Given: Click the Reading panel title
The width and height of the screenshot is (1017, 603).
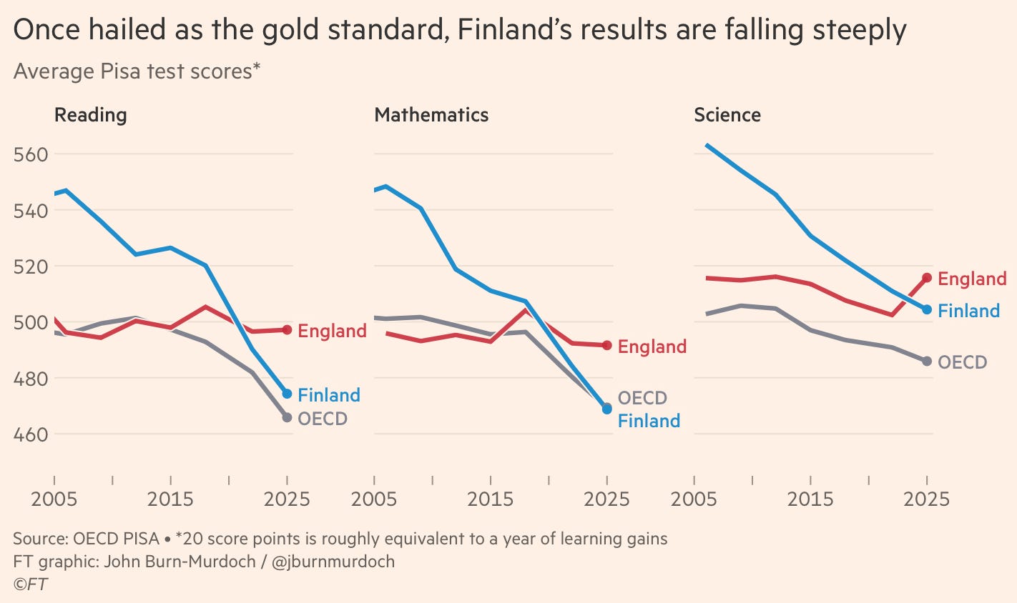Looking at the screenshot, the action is coord(90,115).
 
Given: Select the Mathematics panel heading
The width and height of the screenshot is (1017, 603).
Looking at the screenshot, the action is coord(431,115).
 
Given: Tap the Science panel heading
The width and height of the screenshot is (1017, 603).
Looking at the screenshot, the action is coord(727,115).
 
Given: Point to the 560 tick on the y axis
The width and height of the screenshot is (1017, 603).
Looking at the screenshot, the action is coord(31,154).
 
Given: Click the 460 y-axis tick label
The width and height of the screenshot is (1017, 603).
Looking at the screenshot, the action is coord(31,435).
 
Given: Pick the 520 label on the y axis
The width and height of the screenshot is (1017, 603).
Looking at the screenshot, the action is coord(31,266).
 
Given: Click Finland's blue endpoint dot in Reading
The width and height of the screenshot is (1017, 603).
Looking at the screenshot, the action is coord(287,394).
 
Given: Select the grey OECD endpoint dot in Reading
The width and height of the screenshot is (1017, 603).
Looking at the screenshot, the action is coord(287,417).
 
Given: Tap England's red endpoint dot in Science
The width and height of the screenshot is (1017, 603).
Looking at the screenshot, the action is coord(927,277).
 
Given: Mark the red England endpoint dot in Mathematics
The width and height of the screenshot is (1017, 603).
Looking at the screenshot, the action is coord(607,346).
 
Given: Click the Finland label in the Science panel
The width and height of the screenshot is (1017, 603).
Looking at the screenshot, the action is coord(969,311).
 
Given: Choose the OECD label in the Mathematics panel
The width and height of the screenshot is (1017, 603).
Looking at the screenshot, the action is coord(642,398).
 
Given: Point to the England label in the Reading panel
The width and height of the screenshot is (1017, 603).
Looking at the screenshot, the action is coord(333,331).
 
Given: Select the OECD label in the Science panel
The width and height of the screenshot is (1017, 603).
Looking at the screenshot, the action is coord(963,362).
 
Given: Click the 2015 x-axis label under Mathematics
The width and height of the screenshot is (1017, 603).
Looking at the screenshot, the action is coord(491,499).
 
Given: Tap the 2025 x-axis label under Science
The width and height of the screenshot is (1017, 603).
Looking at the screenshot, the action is coord(927,499).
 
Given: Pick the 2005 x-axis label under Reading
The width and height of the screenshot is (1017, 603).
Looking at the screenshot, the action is coord(54,499).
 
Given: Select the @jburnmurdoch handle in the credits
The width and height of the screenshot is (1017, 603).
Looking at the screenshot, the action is coord(333,562).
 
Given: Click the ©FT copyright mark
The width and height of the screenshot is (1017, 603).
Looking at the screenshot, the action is coord(31,584).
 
